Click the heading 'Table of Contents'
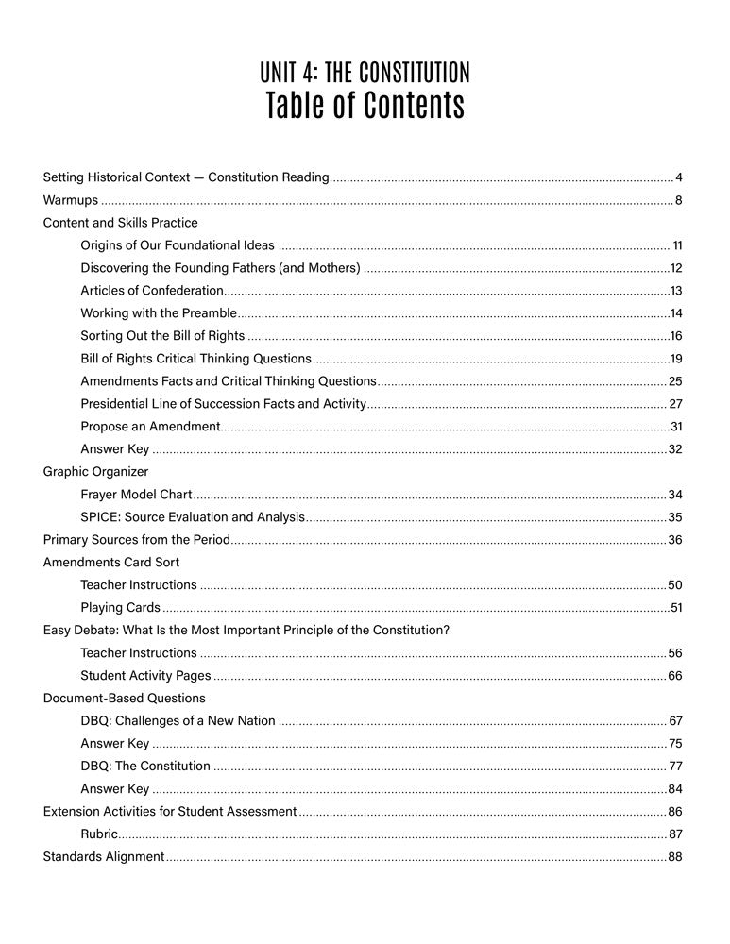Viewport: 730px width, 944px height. (x=365, y=106)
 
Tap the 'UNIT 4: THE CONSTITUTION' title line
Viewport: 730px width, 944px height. (x=365, y=72)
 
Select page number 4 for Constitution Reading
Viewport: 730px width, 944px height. (x=679, y=177)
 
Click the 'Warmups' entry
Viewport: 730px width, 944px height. (x=71, y=200)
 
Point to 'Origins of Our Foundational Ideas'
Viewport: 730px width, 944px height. (x=178, y=245)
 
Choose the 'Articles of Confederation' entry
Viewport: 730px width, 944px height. (x=152, y=291)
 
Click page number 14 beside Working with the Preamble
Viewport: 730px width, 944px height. (x=676, y=313)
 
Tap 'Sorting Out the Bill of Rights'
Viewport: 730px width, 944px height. (x=162, y=336)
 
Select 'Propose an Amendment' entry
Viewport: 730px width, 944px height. (x=150, y=427)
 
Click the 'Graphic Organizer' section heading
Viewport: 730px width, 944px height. (x=95, y=471)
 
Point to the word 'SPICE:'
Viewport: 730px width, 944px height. (x=100, y=517)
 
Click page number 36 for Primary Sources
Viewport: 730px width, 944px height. (x=675, y=540)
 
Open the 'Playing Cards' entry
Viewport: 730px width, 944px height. (x=120, y=607)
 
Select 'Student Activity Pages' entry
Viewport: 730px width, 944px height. (x=145, y=675)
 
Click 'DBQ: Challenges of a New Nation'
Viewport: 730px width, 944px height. (x=178, y=721)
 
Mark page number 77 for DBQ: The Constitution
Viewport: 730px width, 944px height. (x=675, y=767)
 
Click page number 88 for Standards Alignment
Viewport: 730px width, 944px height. (x=675, y=857)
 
